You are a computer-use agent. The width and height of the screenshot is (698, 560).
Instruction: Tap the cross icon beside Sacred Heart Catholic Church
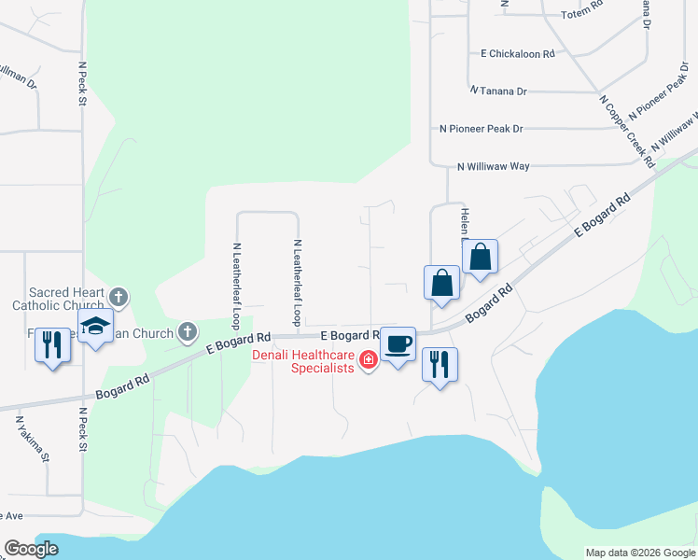[118, 298]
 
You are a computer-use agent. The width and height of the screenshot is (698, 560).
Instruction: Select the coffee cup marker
[398, 344]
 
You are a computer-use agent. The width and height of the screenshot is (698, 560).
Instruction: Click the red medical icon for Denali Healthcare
[369, 359]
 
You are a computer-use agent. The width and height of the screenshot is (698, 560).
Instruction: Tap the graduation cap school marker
[95, 327]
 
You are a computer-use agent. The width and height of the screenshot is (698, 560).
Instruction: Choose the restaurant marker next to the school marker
[52, 345]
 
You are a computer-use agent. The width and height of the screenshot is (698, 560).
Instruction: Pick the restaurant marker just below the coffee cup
[440, 363]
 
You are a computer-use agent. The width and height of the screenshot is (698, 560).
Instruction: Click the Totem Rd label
[583, 15]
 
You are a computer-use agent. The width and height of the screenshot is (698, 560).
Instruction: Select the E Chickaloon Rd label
[517, 54]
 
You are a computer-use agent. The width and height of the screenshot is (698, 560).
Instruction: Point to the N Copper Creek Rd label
[625, 131]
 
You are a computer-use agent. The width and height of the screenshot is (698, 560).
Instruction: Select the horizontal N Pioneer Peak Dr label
[481, 129]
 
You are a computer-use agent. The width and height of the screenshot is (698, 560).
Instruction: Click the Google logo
[31, 549]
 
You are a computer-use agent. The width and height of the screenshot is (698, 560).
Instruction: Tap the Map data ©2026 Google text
[640, 553]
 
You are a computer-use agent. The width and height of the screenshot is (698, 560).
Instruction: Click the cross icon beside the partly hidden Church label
[188, 331]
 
